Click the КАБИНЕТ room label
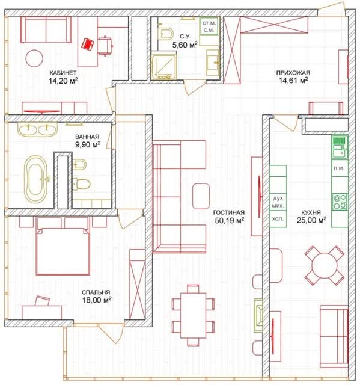(x=63, y=73)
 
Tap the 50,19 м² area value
(x=230, y=221)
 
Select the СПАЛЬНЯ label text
(x=96, y=292)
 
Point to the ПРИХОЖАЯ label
(x=293, y=73)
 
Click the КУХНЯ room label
(x=311, y=212)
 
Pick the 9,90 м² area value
(x=88, y=144)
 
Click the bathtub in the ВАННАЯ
(x=36, y=179)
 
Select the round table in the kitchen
(x=325, y=265)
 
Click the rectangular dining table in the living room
(x=193, y=315)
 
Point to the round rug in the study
(x=35, y=58)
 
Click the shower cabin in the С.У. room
(x=163, y=65)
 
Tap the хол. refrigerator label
(x=278, y=218)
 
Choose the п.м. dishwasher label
(x=340, y=168)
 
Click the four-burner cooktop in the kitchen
(x=340, y=202)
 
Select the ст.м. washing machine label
(x=209, y=23)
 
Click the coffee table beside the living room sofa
(x=201, y=196)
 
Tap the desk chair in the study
(x=105, y=46)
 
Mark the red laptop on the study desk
(x=88, y=44)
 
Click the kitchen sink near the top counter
(x=340, y=153)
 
